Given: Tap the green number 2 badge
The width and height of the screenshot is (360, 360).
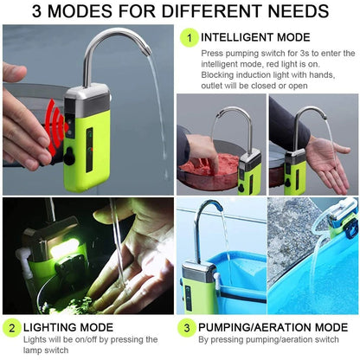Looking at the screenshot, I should click(12, 328).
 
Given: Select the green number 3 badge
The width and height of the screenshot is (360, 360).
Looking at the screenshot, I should click(186, 328).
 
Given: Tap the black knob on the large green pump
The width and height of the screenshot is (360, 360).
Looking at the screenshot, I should click(68, 157).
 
